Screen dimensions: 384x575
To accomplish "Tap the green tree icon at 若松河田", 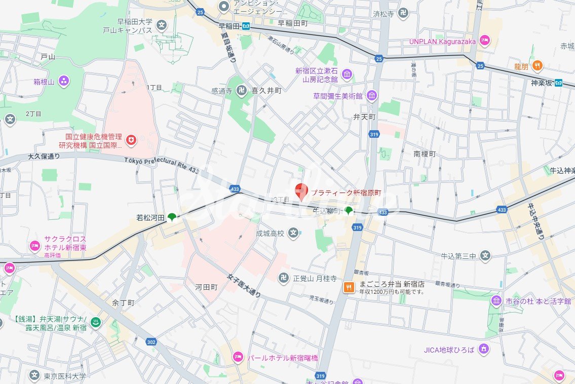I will [172, 217].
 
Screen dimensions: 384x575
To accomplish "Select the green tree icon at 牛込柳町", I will [349, 210].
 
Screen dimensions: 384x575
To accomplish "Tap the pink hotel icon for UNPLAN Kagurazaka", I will [485, 41].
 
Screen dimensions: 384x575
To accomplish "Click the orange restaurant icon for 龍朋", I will [538, 66].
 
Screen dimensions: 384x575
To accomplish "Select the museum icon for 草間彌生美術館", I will [372, 96].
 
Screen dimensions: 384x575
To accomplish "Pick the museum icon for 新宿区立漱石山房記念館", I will [347, 75].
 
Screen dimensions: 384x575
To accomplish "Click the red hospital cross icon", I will [131, 140].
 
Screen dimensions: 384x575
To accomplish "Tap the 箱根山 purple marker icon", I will [64, 81].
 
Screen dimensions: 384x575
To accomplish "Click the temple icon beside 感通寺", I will [241, 91].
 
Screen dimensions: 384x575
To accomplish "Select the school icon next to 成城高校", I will [293, 234].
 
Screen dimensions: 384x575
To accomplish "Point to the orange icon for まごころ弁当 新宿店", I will [349, 287].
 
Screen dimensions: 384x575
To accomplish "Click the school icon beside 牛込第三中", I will [485, 256].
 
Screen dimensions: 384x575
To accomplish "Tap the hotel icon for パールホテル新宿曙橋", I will [238, 358].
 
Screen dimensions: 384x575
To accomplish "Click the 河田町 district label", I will [206, 287].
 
